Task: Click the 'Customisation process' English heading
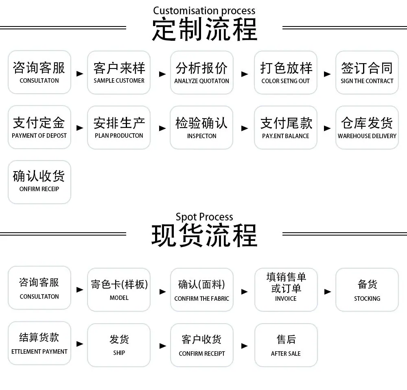[204, 11]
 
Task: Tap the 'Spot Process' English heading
[204, 217]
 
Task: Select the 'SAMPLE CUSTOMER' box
[119, 73]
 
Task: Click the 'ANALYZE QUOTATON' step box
[202, 73]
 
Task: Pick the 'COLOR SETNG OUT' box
[286, 73]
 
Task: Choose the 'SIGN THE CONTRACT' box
[367, 73]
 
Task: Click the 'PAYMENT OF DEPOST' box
[39, 127]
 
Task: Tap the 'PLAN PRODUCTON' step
[119, 127]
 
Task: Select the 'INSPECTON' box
[201, 127]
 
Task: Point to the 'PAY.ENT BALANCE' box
[286, 127]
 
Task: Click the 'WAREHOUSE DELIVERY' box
[367, 127]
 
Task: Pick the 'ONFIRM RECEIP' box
[39, 182]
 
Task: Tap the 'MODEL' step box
[119, 290]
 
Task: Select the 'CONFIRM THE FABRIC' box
[202, 290]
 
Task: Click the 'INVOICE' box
[286, 290]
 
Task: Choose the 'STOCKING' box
[367, 290]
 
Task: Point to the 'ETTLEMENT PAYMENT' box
[39, 343]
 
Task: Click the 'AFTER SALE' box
[286, 345]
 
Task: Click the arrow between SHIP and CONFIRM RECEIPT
[163, 346]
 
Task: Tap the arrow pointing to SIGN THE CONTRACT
[327, 74]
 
